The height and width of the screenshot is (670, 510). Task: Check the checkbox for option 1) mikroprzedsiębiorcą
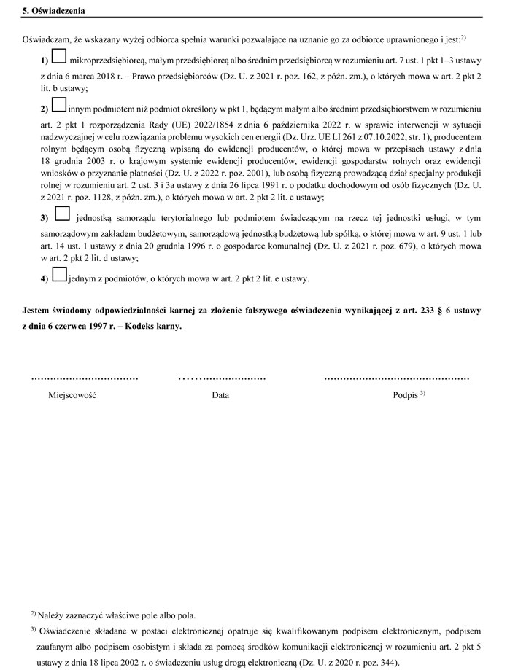[60, 55]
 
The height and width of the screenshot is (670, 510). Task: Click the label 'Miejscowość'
[72, 395]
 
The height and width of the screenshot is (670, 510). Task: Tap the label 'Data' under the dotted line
[220, 395]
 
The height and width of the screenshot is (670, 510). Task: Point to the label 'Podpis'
[405, 395]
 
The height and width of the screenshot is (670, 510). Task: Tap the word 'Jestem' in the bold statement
[39, 311]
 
